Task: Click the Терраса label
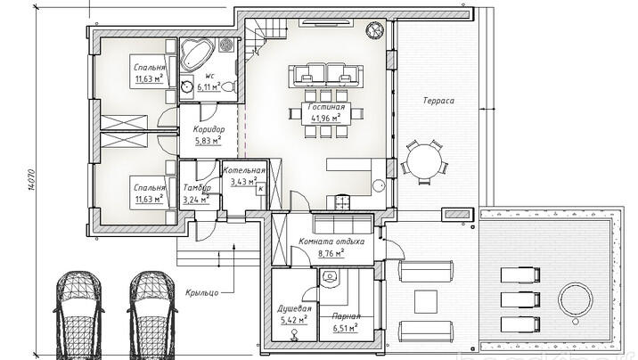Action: coord(438,101)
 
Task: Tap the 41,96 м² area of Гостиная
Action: coord(326,119)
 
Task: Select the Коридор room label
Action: coord(209,129)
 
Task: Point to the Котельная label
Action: coord(244,170)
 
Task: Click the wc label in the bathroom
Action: coord(209,76)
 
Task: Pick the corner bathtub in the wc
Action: coord(196,55)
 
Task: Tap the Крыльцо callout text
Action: coord(201,292)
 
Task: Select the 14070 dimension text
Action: coord(33,180)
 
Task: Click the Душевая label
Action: coord(294,308)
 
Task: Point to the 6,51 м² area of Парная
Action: coord(346,327)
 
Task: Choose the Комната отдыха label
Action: coord(331,241)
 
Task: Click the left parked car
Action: coord(78,315)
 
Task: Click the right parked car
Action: coord(152,315)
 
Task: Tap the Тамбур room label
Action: coord(197,188)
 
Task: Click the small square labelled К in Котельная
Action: coord(261,189)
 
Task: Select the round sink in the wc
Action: coord(188,86)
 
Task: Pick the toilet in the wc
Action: coord(229,86)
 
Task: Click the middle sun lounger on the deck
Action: coord(520,300)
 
